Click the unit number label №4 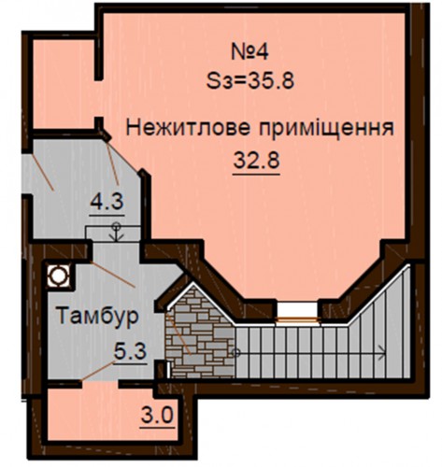[x=250, y=52]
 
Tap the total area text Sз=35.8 [x=250, y=81]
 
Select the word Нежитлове [x=188, y=128]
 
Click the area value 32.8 [x=256, y=161]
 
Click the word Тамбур [x=98, y=316]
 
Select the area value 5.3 [x=130, y=352]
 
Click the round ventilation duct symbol [x=58, y=276]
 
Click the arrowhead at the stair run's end [x=382, y=353]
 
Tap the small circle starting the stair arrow [x=235, y=353]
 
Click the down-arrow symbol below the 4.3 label [x=116, y=232]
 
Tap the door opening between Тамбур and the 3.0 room [x=100, y=384]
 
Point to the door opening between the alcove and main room [x=99, y=99]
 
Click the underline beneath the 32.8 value [x=256, y=174]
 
